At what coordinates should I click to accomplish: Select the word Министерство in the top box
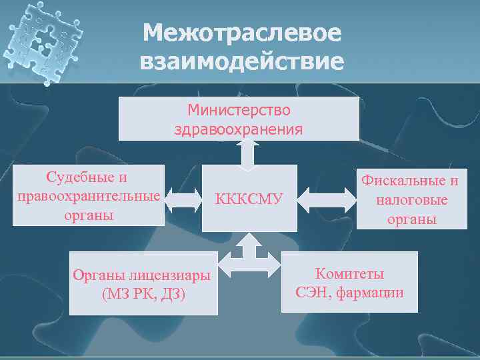[x=239, y=109]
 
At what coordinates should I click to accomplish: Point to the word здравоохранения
[x=239, y=128]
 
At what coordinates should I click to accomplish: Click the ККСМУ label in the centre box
[x=247, y=199]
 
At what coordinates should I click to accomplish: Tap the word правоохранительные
[x=87, y=196]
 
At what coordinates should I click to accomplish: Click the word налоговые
[x=411, y=200]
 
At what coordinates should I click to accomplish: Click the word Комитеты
[x=349, y=274]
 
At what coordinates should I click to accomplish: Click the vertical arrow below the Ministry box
[x=248, y=155]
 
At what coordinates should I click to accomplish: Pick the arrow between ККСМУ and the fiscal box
[x=327, y=197]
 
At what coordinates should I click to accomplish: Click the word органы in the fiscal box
[x=410, y=219]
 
